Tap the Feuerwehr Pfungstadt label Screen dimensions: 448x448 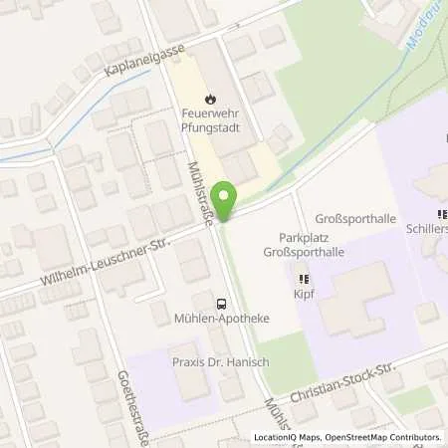[210, 121]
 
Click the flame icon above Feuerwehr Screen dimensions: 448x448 [210, 98]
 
